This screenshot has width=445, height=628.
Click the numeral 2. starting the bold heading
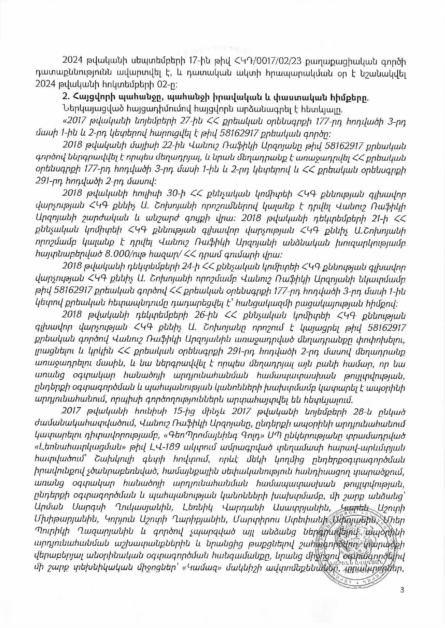[x=65, y=97]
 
